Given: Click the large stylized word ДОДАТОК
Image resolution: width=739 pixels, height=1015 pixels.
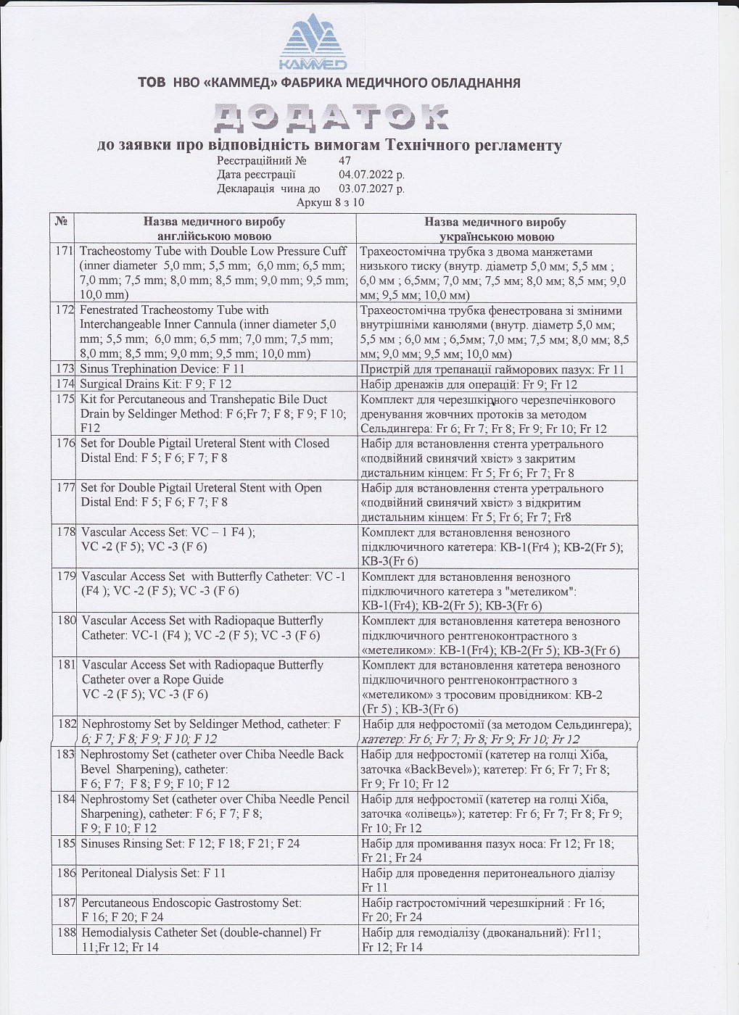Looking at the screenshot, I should (331, 117).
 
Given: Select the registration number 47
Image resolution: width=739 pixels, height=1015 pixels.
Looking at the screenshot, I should (344, 161).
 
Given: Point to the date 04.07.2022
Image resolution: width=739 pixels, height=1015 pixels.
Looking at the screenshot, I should (371, 175).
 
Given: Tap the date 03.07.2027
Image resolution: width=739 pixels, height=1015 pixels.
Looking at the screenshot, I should (371, 188).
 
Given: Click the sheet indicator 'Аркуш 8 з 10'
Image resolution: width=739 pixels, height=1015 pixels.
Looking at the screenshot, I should (330, 202).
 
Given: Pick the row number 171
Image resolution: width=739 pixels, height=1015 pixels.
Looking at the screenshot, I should (65, 252).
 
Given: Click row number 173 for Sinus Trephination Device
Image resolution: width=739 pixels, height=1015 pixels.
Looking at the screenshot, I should (65, 370).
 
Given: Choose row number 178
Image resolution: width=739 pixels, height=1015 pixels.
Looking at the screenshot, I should (66, 532).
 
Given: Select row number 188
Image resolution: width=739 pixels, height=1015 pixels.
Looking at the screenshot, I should (66, 932).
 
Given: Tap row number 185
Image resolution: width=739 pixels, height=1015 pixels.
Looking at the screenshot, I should (66, 843).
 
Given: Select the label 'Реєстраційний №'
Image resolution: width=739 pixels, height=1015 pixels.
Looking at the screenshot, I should (261, 161).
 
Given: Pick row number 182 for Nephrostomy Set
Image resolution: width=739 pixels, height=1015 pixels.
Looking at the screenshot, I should (67, 724).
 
